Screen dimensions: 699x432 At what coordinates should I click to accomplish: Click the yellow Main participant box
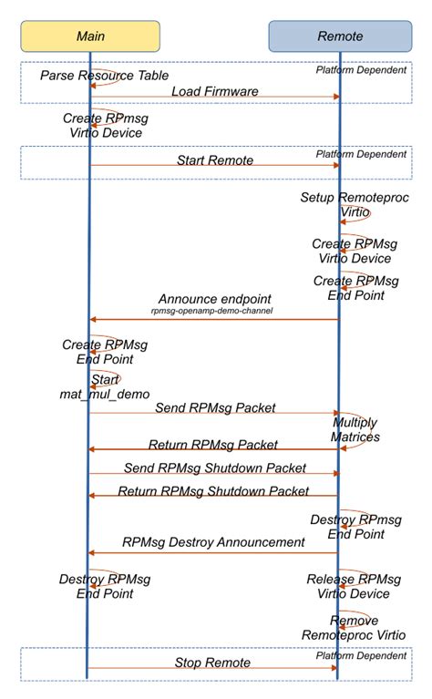pos(90,36)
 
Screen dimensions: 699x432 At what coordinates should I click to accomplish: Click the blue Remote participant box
pos(339,36)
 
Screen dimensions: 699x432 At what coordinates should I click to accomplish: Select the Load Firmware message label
pos(214,90)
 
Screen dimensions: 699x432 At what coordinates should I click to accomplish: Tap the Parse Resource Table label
pos(104,75)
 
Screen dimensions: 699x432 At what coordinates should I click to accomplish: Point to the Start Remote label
pos(214,160)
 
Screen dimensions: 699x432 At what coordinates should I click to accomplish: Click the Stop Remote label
pos(214,663)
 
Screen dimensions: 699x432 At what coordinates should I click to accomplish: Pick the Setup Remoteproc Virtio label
pos(342,204)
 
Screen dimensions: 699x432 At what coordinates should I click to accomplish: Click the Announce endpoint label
pos(214,299)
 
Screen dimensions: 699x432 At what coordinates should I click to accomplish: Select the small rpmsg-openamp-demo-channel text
pos(214,311)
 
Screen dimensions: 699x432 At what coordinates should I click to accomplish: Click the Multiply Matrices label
pos(355,430)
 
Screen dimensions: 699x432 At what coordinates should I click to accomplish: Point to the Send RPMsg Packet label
pos(214,407)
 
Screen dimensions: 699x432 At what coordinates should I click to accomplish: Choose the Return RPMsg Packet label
pos(214,445)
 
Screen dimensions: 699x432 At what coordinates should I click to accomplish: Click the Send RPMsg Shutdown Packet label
pos(214,468)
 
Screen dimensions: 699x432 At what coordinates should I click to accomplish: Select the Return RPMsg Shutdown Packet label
pos(214,491)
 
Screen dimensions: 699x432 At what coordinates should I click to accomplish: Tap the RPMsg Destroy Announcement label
pos(214,542)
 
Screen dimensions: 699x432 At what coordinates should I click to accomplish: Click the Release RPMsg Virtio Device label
pos(354,586)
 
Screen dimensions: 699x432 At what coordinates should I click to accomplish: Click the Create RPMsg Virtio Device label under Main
pos(104,126)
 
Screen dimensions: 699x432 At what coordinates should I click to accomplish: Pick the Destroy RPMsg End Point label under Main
pos(104,586)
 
